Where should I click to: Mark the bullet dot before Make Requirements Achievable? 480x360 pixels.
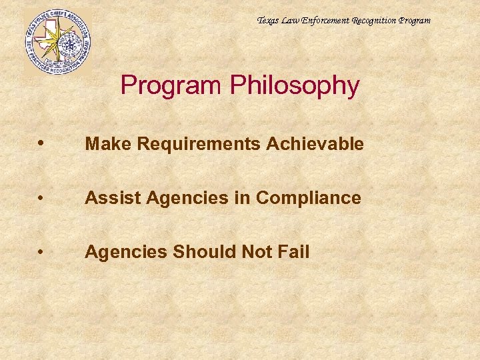(42, 143)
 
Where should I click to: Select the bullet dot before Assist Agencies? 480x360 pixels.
(42, 198)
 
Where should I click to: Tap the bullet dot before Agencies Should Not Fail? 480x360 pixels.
(42, 252)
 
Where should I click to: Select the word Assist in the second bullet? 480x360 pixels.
(109, 198)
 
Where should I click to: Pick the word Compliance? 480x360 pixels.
(309, 198)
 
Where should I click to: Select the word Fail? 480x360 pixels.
(295, 252)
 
